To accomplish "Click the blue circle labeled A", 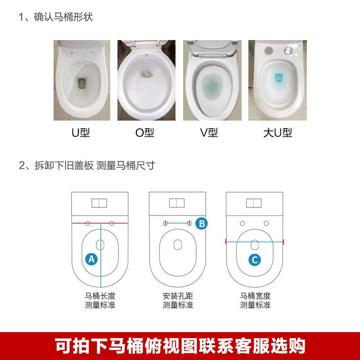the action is click(x=91, y=259).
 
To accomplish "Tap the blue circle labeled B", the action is click(x=202, y=223).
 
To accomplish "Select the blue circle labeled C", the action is click(x=255, y=260).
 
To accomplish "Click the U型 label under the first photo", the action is click(x=81, y=132).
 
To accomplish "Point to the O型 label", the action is click(x=144, y=132).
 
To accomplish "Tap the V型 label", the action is click(x=209, y=132).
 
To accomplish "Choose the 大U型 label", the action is click(x=278, y=132).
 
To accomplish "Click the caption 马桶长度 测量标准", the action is click(x=100, y=300).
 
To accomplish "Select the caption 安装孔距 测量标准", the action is click(x=178, y=300).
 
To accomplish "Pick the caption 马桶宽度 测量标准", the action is click(x=255, y=300).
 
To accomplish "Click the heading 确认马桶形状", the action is click(x=63, y=17).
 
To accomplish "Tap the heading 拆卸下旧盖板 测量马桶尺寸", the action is click(x=95, y=165).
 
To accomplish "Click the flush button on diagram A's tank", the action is click(x=99, y=203).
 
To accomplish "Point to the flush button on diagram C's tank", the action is click(x=254, y=203).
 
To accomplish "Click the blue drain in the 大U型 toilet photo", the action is click(x=279, y=77).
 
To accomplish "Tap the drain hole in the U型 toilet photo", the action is click(x=82, y=83).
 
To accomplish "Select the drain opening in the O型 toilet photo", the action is click(x=146, y=73).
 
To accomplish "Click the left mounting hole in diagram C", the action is click(x=242, y=223).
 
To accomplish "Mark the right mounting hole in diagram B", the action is click(x=189, y=223).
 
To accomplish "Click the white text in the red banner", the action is click(x=180, y=346).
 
